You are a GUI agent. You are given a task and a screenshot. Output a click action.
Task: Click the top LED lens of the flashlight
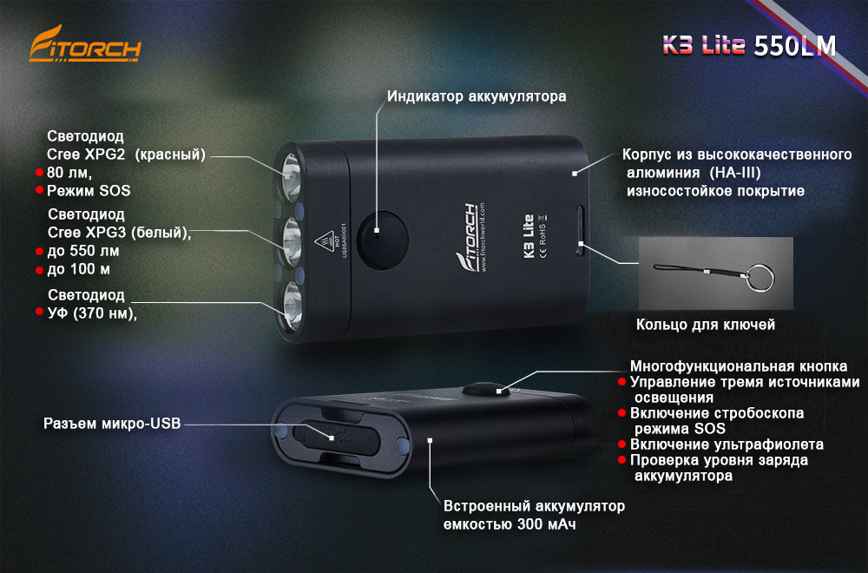(x=291, y=174)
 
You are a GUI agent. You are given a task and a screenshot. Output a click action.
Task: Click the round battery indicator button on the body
(x=382, y=240)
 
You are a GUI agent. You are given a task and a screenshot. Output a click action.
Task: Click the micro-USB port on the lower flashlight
(x=335, y=437)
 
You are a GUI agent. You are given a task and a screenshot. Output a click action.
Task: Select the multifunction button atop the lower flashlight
(x=486, y=389)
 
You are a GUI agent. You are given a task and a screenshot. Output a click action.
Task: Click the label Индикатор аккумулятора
(x=477, y=96)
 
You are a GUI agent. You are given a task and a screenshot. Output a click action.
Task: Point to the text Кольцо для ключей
(x=705, y=325)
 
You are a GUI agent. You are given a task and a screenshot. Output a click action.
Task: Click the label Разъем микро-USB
(x=112, y=424)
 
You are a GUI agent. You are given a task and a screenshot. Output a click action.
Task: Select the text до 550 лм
(x=83, y=251)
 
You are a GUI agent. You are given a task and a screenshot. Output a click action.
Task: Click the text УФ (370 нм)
(x=92, y=313)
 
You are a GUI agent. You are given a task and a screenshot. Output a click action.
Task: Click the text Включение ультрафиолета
(x=727, y=445)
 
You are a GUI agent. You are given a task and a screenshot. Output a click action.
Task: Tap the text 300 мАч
(x=546, y=524)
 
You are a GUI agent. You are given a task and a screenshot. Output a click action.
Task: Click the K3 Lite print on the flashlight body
(x=528, y=236)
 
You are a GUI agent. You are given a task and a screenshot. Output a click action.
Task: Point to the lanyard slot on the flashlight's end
(x=580, y=231)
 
